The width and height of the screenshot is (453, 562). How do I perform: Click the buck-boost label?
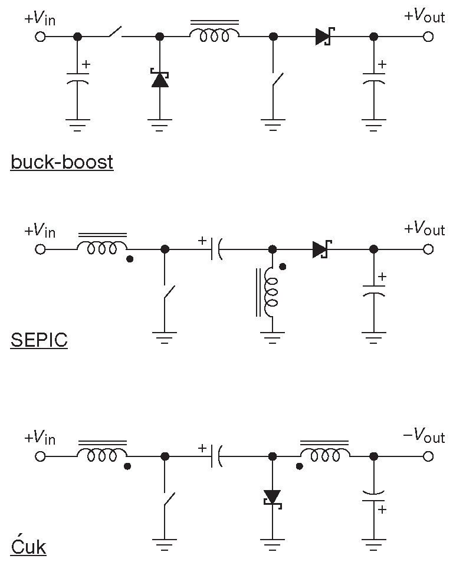61,162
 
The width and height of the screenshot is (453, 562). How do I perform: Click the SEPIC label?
39,340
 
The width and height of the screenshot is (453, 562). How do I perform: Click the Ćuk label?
28,546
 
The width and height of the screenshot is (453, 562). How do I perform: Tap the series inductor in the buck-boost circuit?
214,35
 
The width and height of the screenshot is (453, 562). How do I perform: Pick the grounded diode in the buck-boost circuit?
160,79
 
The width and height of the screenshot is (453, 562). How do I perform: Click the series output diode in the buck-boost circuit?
323,37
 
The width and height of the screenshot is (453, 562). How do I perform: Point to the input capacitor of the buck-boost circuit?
77,80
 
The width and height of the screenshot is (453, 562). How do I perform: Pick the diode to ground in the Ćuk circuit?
273,498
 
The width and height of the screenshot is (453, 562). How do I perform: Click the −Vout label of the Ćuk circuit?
424,437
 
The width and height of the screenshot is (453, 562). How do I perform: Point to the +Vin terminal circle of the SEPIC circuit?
40,249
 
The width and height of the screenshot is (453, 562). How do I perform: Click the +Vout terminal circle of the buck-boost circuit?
428,37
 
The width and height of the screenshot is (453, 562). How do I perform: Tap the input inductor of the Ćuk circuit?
103,455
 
